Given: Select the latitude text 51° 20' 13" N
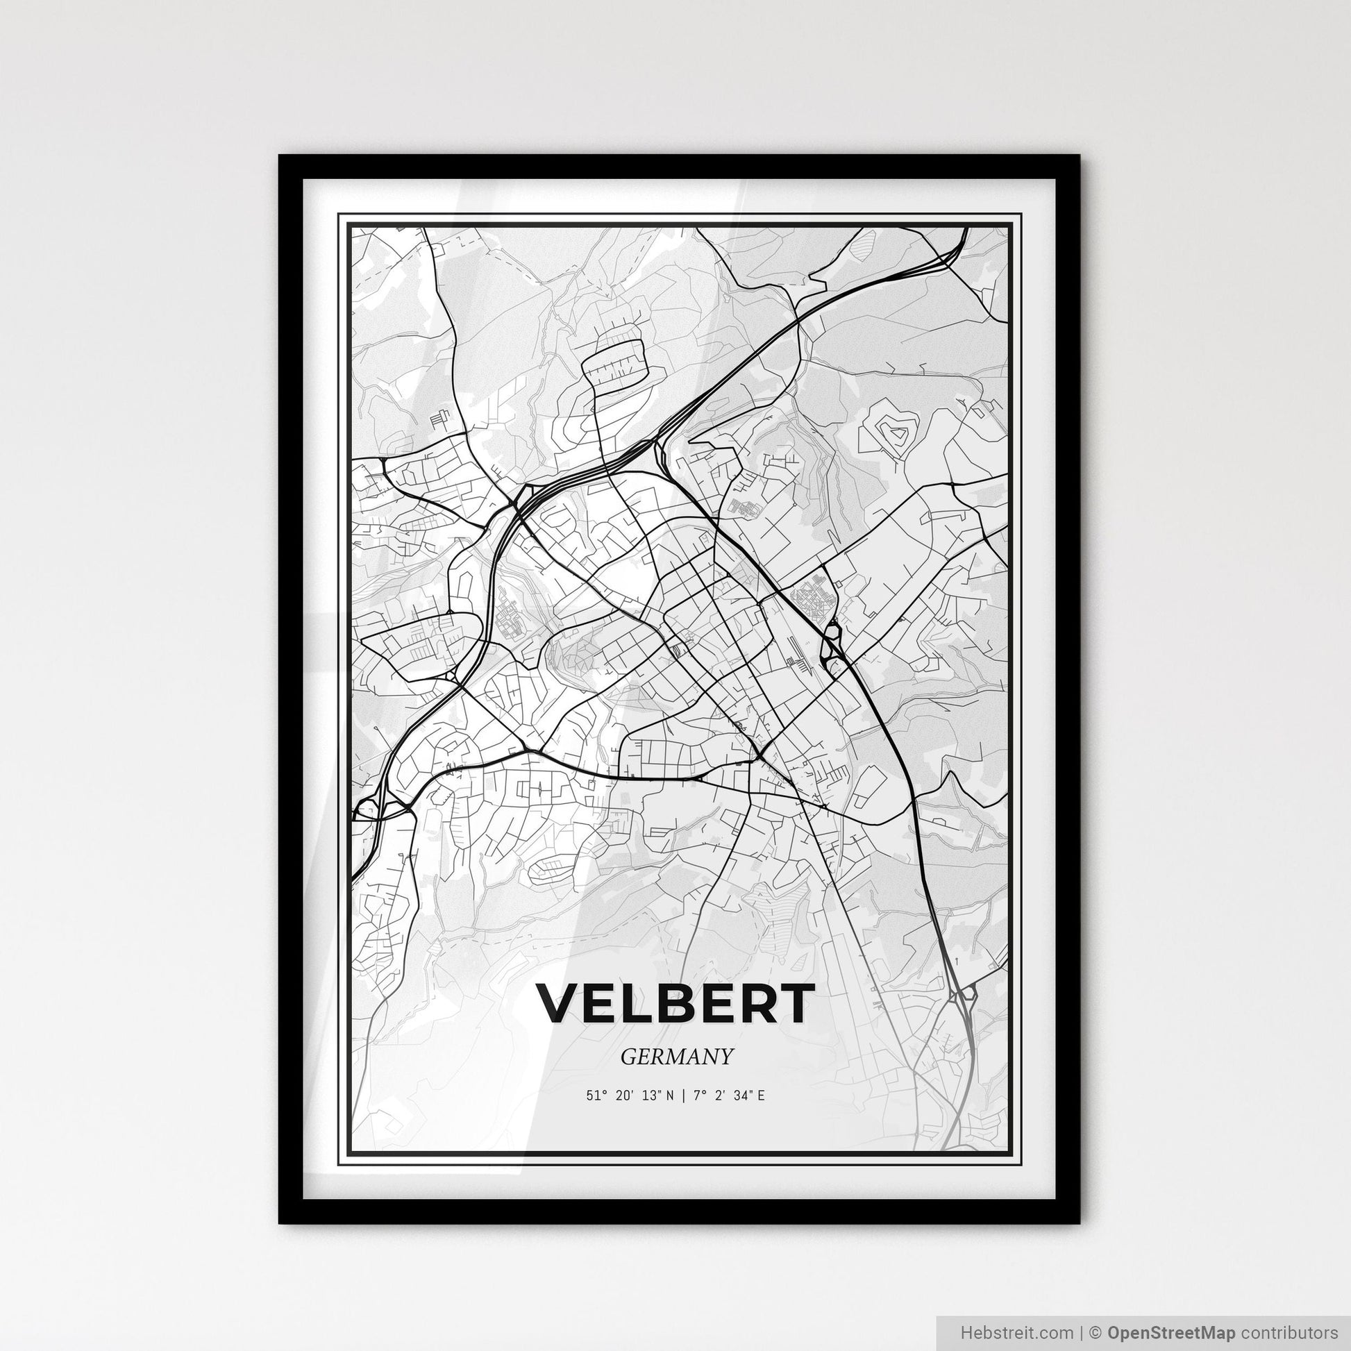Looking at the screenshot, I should [631, 1095].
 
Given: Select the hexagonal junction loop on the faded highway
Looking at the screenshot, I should [967, 992].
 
